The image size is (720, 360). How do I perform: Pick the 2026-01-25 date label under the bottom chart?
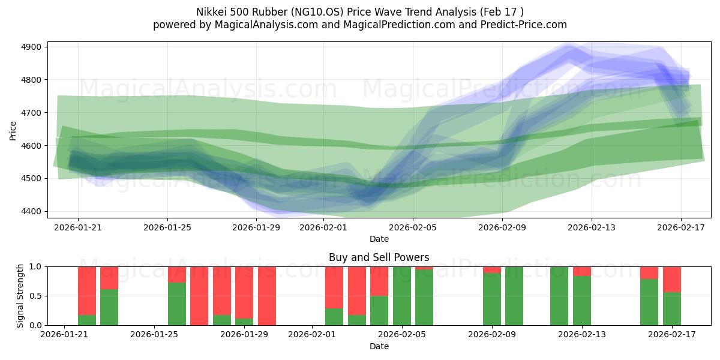coord(155,335)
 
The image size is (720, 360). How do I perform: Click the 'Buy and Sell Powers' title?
coord(379,257)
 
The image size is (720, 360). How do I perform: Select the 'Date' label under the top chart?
coord(379,239)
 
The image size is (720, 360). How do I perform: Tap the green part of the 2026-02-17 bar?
coord(672,309)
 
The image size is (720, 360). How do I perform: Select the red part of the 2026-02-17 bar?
coord(672,279)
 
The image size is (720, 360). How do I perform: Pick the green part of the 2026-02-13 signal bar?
coord(582,301)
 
